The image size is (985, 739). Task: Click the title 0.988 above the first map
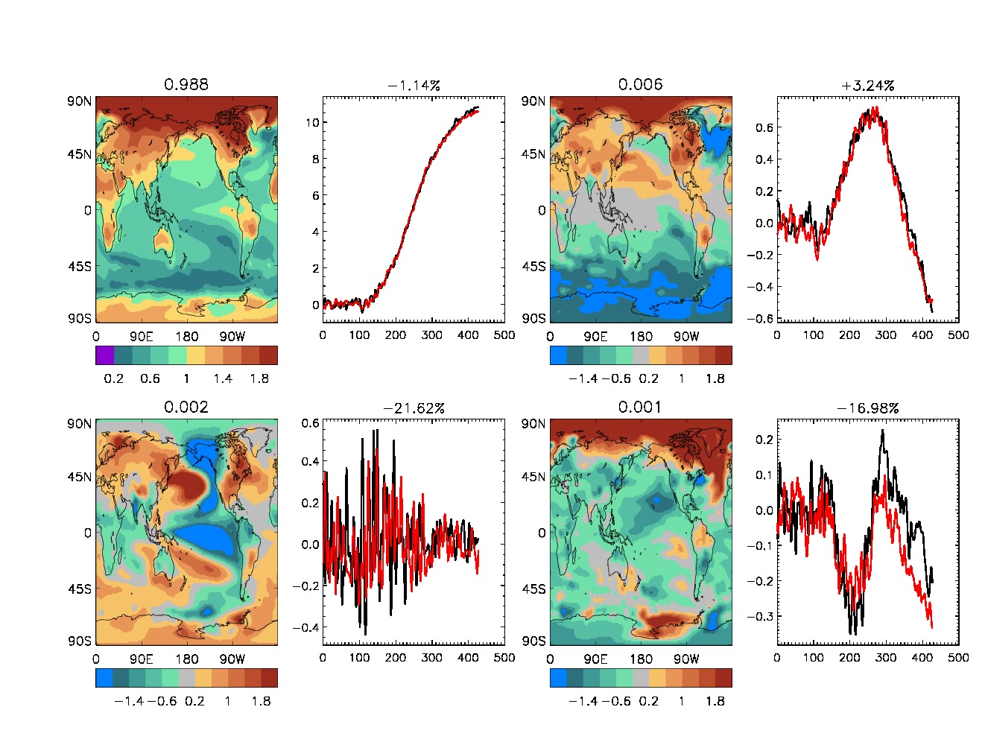pos(186,84)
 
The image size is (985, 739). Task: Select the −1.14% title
pos(414,86)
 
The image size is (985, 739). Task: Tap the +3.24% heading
pos(867,86)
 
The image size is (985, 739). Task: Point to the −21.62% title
pos(414,408)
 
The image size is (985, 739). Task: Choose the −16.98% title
pos(867,408)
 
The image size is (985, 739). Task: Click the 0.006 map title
pos(640,84)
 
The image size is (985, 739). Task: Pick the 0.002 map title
pos(186,407)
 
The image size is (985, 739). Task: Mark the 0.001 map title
pos(640,407)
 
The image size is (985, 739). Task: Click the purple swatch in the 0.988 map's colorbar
pos(104,355)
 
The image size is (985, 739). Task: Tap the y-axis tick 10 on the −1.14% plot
pos(312,122)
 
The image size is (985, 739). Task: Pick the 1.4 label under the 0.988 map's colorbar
pos(223,378)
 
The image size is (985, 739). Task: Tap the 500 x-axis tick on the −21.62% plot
pos(504,658)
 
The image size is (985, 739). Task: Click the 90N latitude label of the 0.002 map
pos(79,424)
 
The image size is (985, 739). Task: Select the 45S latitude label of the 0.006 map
pos(533,266)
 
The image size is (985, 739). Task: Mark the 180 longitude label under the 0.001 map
pos(641,659)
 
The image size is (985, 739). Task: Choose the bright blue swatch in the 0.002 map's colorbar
pos(104,678)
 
